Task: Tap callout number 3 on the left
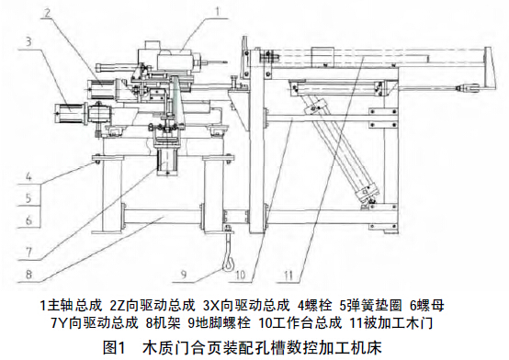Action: (x=30, y=41)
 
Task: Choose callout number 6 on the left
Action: (x=30, y=220)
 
